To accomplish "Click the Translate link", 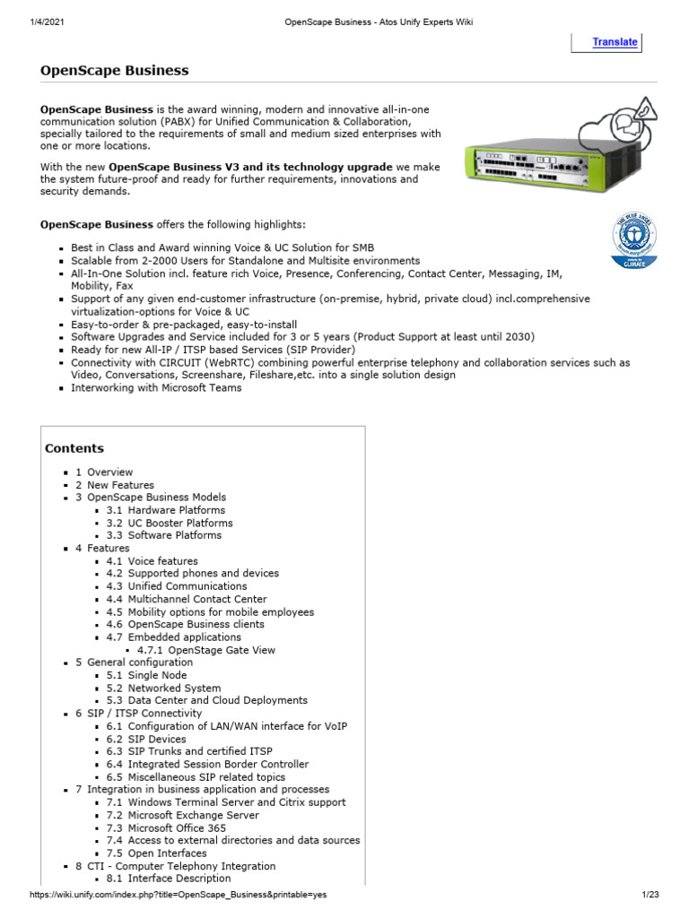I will point(615,42).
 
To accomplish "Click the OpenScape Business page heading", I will point(114,70).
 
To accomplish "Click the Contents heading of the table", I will point(74,448).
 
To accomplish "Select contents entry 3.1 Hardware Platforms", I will point(165,510).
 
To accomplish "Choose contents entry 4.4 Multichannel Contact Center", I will point(186,599).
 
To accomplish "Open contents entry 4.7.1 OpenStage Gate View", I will point(205,650).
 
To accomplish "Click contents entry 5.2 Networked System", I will point(162,688).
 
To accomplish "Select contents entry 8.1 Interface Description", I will point(168,879).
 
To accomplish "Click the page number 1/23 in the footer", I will point(650,896).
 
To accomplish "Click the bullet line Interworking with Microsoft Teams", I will point(156,388).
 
